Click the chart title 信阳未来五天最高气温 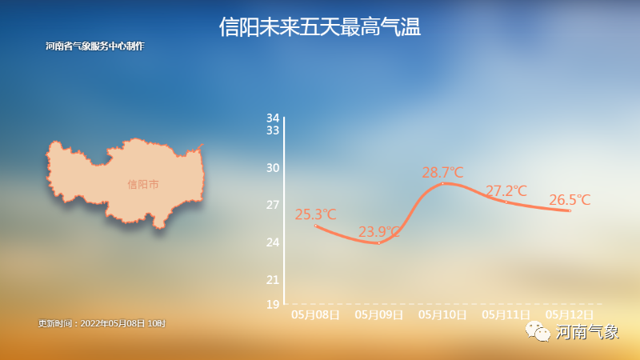coord(319,27)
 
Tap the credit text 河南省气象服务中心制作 coord(94,46)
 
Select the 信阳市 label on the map coord(143,185)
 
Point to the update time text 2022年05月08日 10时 coord(123,323)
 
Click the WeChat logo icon coord(538,331)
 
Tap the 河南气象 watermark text coord(587,332)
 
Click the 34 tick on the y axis coord(273,118)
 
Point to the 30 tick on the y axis coord(273,168)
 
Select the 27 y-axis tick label coord(273,205)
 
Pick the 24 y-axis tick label coord(273,242)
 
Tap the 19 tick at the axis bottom coord(273,305)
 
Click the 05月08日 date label coord(315,314)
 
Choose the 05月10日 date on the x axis coord(442,314)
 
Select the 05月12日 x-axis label coord(570,314)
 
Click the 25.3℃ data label coord(315,214)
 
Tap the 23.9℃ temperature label coord(379,232)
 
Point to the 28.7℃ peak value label coord(443,172)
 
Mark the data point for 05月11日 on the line coord(506,202)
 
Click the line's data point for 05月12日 coord(570,210)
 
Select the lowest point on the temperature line coord(379,243)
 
